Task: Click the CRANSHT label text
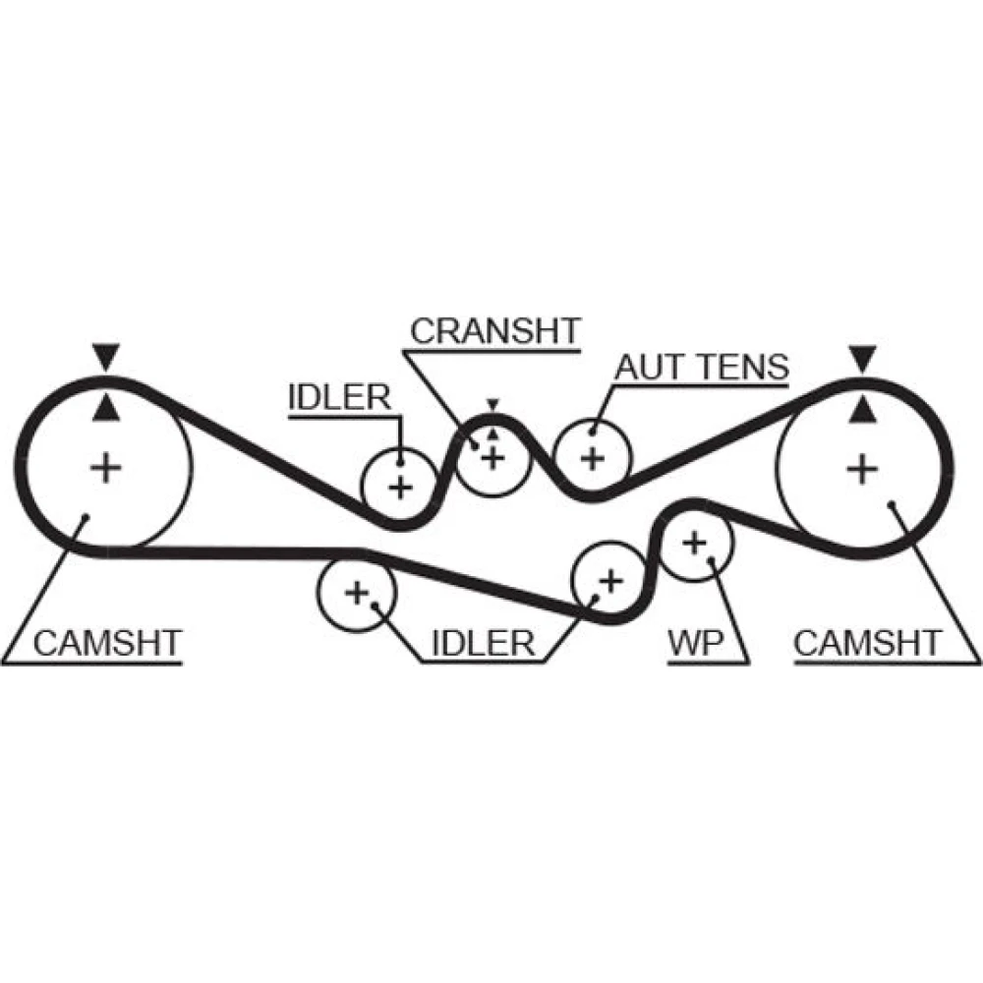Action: (x=495, y=331)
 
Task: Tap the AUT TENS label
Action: (x=702, y=368)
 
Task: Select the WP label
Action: (x=696, y=644)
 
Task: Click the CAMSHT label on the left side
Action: (x=107, y=644)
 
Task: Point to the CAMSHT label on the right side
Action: (x=867, y=644)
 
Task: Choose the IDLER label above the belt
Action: (x=339, y=398)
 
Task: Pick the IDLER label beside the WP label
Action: (x=482, y=644)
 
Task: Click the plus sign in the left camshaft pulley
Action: (x=104, y=467)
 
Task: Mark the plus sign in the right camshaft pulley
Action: (x=862, y=468)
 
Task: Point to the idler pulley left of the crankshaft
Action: (x=399, y=485)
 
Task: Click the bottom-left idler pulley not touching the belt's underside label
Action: (x=356, y=592)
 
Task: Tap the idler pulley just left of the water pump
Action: (x=610, y=580)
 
